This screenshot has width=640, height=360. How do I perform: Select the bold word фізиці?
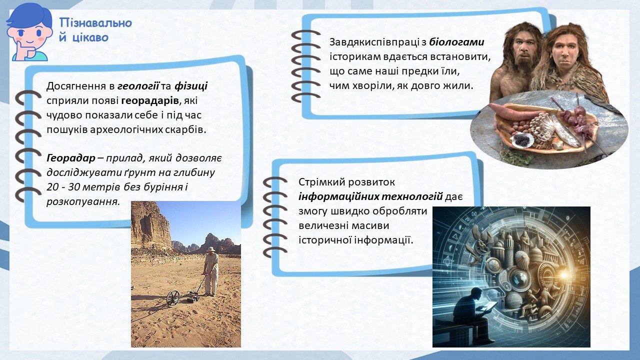(x=191, y=86)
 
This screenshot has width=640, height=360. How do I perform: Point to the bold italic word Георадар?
(x=71, y=158)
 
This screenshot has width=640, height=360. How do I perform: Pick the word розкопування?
(x=83, y=202)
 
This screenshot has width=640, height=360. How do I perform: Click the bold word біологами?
(x=456, y=42)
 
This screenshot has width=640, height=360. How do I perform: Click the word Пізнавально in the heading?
(x=96, y=23)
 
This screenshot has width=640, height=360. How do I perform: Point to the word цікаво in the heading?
(x=90, y=37)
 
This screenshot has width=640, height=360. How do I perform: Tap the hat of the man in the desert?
(x=211, y=249)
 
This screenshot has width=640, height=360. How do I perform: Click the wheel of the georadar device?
(x=173, y=297)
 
